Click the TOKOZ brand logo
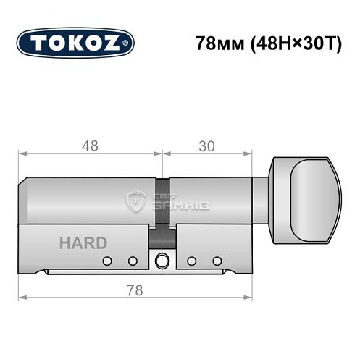pyautogui.click(x=75, y=42)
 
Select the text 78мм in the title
pyautogui.click(x=217, y=42)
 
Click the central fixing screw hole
pyautogui.click(x=162, y=261)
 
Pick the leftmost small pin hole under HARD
pyautogui.click(x=106, y=261)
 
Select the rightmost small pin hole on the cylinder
pyautogui.click(x=217, y=261)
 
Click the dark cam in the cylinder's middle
pyautogui.click(x=162, y=235)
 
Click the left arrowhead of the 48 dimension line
pyautogui.click(x=22, y=153)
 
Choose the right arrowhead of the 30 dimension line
pyautogui.click(x=254, y=153)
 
